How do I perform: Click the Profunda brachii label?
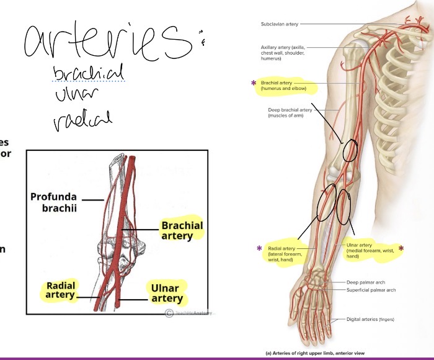coord(54,202)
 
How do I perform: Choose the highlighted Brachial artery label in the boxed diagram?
coord(182,230)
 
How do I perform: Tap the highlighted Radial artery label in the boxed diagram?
coord(60,290)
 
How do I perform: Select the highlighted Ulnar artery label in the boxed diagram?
coord(166,294)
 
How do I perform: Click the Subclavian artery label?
coord(280,24)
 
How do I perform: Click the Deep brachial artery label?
coord(285,112)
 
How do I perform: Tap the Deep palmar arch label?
coord(366,282)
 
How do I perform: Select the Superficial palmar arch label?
coord(371,290)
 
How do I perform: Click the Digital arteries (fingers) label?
coord(370,320)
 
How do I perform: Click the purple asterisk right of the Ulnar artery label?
coord(401,249)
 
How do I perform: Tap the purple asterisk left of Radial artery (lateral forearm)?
coord(259,249)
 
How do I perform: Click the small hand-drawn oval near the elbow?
coord(350,150)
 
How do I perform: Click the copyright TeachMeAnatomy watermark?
coord(189,313)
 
